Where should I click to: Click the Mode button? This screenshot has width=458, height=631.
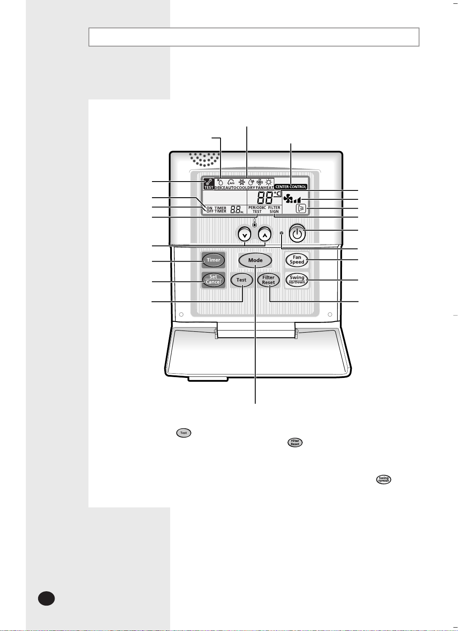pos(255,260)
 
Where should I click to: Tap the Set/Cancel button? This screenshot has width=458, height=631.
pos(213,280)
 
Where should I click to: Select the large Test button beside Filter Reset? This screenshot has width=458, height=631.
pos(241,280)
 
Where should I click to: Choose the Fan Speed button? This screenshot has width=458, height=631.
pos(297,260)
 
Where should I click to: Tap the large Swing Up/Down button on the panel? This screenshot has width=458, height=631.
pos(297,280)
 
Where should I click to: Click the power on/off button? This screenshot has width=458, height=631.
pos(298,234)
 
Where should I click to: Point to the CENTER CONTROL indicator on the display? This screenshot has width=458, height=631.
pos(291,187)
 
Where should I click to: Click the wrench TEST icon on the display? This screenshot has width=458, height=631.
pos(209,183)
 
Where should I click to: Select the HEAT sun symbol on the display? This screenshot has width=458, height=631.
pos(268,182)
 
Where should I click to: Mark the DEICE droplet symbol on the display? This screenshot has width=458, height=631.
pos(220,182)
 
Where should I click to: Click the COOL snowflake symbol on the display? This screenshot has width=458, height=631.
pos(242,182)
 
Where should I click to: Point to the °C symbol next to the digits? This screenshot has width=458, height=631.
pos(277,194)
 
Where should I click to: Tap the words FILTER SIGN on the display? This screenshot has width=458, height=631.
pos(274,209)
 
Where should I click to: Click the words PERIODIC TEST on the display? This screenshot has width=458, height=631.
pos(257,209)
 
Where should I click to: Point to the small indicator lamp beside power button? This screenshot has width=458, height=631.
pos(281,233)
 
